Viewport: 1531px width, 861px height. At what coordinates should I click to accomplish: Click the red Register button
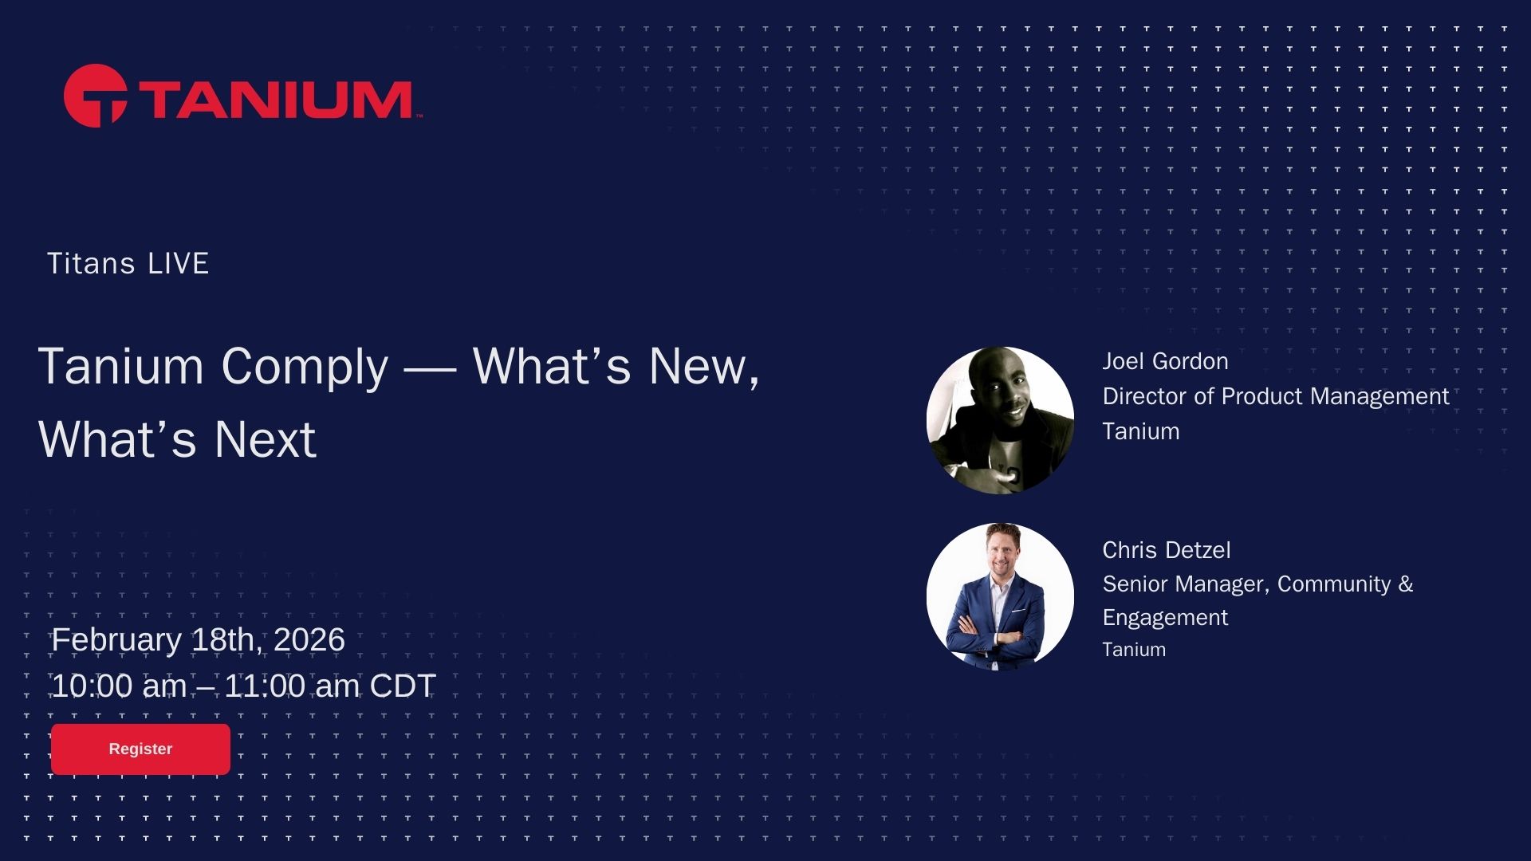[140, 749]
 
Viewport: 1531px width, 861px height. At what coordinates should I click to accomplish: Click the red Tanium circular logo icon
[95, 96]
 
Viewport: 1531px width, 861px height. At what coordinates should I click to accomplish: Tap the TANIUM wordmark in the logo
[276, 100]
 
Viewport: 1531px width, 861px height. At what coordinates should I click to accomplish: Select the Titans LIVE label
[128, 264]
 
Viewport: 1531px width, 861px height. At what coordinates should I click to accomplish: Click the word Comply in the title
[305, 368]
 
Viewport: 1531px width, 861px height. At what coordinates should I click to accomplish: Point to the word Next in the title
[265, 439]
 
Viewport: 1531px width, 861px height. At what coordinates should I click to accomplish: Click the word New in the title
[703, 367]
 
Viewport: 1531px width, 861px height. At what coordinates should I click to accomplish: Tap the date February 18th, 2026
[198, 640]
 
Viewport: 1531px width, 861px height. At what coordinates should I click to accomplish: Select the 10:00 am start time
[120, 686]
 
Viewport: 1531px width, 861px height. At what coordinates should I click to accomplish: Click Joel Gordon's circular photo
[1000, 420]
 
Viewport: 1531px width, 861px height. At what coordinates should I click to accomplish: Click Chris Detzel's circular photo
[1000, 596]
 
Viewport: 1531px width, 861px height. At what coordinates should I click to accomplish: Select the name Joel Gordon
[1165, 362]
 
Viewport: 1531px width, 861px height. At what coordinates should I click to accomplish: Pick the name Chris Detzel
[1167, 550]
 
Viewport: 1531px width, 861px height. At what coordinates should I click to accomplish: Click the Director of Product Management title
[1276, 397]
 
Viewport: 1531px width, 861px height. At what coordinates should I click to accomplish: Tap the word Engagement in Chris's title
[1165, 619]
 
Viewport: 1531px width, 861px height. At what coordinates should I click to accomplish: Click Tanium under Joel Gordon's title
[1141, 432]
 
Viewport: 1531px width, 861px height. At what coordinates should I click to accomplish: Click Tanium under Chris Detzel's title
[1134, 651]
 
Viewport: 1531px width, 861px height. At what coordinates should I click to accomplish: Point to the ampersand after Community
[1406, 584]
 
